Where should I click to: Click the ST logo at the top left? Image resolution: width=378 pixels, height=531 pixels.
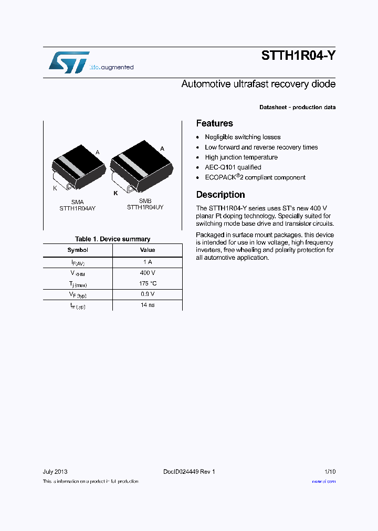(x=69, y=62)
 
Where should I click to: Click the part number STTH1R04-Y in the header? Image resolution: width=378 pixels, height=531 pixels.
(x=298, y=57)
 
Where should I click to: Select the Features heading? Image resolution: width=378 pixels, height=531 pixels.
(x=214, y=123)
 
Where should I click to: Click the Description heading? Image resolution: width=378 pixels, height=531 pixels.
(x=220, y=195)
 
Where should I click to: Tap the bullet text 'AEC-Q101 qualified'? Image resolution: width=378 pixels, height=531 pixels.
(x=233, y=167)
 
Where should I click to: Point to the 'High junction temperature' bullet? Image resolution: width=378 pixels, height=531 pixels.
(x=241, y=157)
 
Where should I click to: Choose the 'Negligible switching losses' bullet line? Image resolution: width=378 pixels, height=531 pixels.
(x=243, y=137)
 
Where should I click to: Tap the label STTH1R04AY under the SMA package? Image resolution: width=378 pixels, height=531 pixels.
(x=78, y=208)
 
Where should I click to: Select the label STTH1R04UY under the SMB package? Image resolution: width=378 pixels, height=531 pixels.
(x=145, y=207)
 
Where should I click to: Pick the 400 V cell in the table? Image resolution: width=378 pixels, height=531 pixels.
(x=148, y=273)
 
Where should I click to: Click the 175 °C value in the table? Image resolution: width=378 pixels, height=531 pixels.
(x=148, y=283)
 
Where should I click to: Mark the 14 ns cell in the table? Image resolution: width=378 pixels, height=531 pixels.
(x=148, y=305)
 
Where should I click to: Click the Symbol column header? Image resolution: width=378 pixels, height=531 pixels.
(x=78, y=250)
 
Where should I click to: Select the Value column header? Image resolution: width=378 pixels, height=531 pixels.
(x=148, y=250)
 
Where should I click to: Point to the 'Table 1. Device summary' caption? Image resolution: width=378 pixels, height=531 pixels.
(x=112, y=239)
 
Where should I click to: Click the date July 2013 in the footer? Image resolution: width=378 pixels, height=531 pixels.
(x=55, y=472)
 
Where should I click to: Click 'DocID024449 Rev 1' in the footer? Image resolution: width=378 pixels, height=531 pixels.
(x=189, y=472)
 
